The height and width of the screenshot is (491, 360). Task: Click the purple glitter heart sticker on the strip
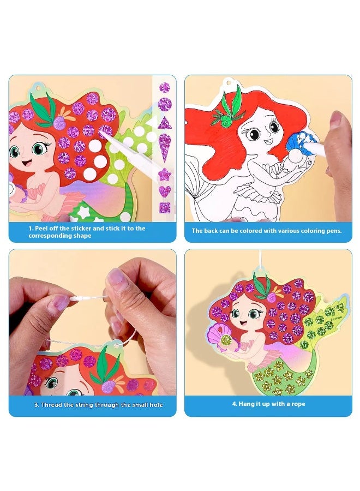pyautogui.click(x=164, y=191)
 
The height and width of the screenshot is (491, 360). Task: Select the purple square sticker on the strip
pyautogui.click(x=164, y=207)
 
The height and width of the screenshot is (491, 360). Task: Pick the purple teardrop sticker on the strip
pyautogui.click(x=164, y=146)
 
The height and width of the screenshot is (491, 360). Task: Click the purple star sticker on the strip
pyautogui.click(x=164, y=175)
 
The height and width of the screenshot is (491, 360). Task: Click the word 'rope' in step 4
pyautogui.click(x=296, y=404)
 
